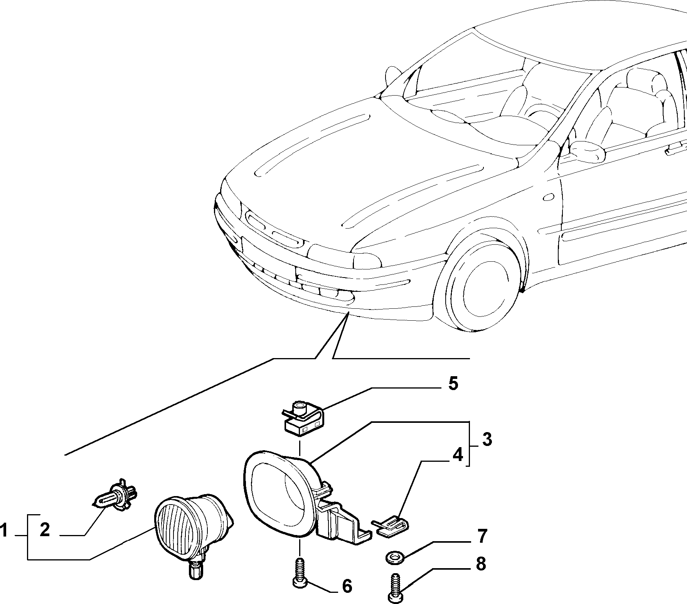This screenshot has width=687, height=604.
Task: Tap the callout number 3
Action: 487,439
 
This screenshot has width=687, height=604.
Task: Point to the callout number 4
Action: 457,455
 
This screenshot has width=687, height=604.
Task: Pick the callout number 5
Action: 453,384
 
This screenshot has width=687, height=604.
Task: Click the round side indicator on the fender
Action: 548,198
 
